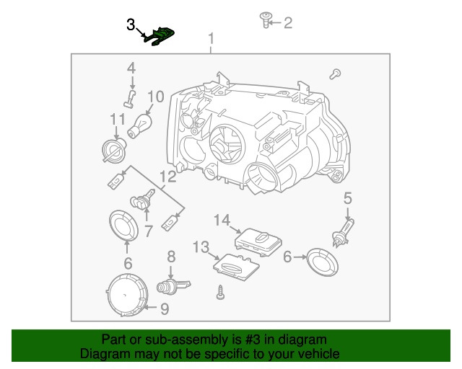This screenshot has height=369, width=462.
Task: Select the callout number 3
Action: point(131,25)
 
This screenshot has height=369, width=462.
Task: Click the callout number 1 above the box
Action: point(211,38)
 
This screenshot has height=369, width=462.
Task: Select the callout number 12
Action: point(167,177)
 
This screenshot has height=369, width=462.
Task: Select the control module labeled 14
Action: point(260,239)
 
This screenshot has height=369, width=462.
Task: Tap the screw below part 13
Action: point(220,293)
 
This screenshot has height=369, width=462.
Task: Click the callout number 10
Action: point(156,95)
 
